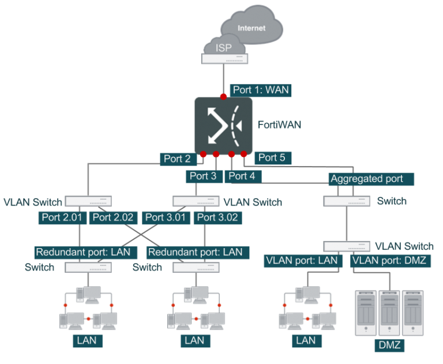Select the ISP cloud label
(x=223, y=48)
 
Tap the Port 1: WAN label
(x=260, y=90)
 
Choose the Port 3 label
(x=203, y=176)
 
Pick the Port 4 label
(x=241, y=176)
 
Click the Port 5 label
(x=272, y=157)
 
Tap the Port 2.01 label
(x=63, y=217)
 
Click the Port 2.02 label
(x=114, y=217)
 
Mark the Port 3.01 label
(x=166, y=217)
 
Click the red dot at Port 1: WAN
(x=223, y=96)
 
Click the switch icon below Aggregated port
(x=347, y=201)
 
